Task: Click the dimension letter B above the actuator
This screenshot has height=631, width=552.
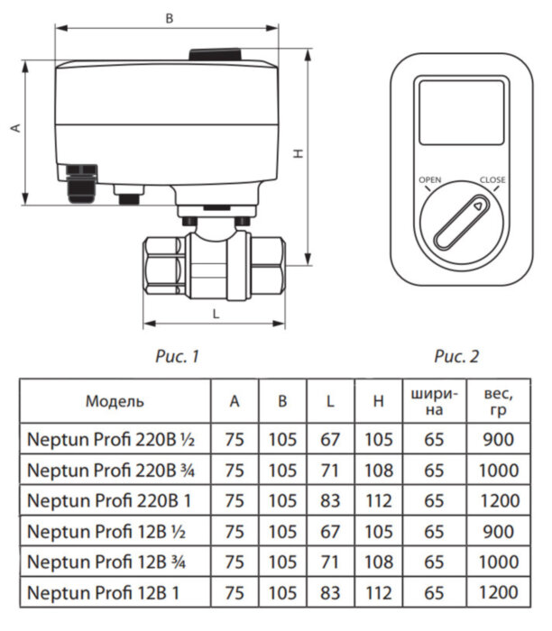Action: [169, 17]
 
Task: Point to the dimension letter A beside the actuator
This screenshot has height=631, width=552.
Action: [15, 129]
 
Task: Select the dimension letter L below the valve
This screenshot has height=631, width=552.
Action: [215, 313]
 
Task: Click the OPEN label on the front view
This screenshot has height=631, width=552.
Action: [430, 180]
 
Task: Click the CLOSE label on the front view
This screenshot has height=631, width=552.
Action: [492, 180]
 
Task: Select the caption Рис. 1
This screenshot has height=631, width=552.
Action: [178, 357]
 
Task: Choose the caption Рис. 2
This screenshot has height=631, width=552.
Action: [457, 357]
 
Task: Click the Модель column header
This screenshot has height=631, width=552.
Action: [115, 401]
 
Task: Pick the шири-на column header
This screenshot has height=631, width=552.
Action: [435, 401]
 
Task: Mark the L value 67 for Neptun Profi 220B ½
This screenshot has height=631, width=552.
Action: [330, 439]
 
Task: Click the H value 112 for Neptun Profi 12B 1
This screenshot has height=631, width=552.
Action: [379, 592]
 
